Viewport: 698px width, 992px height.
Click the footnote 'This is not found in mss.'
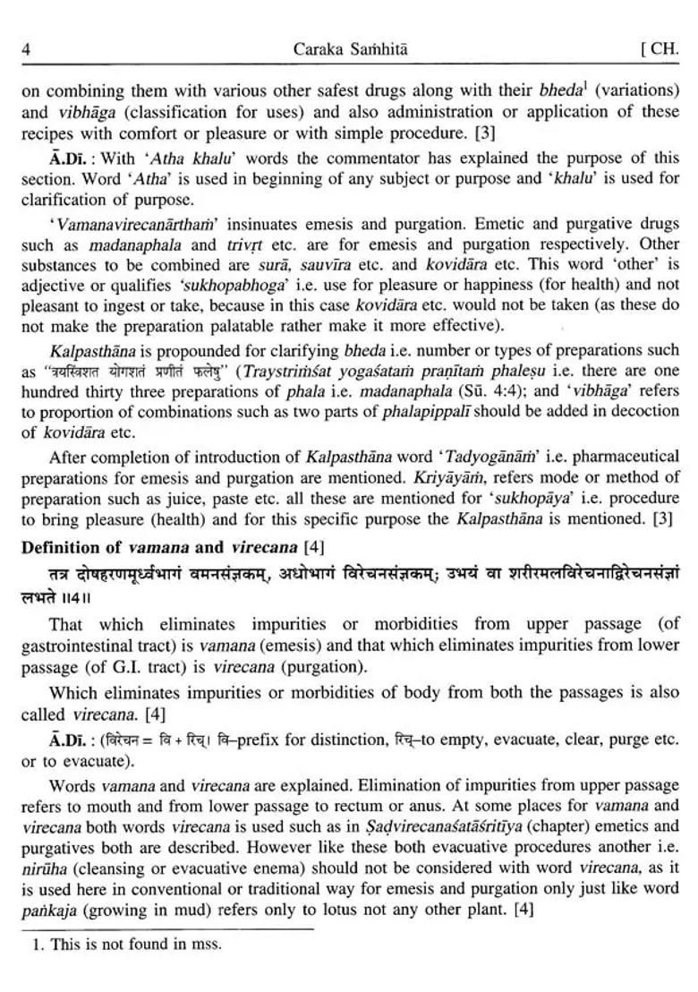[125, 943]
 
